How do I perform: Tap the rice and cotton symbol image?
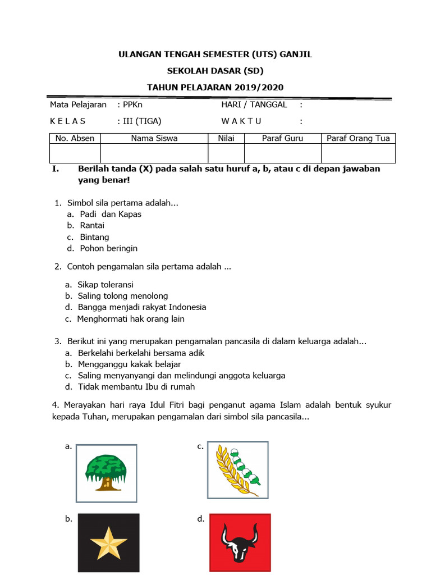(x=237, y=469)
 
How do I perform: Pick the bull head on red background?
(x=239, y=542)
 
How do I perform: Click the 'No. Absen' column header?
(x=75, y=138)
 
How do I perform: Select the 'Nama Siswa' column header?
(x=154, y=138)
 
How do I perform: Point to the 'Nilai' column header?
(x=226, y=138)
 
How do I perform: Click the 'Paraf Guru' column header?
(x=282, y=138)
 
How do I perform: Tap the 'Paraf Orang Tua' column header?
(x=358, y=138)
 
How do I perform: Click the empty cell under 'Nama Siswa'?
(x=154, y=153)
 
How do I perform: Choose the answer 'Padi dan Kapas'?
(x=111, y=214)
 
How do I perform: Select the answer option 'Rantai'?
(x=92, y=225)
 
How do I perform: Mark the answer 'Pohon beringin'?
(x=108, y=248)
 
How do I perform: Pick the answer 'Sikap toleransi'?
(x=106, y=285)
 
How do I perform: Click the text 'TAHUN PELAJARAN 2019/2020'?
(x=215, y=87)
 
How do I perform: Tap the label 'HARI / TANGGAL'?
(x=254, y=104)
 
